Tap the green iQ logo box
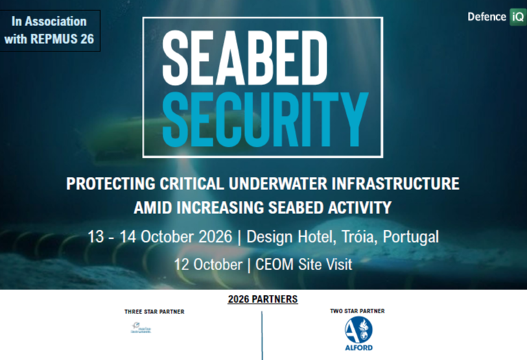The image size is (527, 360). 517,16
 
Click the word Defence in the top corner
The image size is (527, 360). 487,16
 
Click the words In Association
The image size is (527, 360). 49,21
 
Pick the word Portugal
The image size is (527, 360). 411,237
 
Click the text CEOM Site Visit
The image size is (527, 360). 303,264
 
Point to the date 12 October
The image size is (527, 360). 207,264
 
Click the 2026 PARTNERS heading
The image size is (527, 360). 263,300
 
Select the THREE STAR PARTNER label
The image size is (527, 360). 154,312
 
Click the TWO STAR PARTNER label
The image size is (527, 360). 358,311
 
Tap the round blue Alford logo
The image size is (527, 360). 358,330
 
